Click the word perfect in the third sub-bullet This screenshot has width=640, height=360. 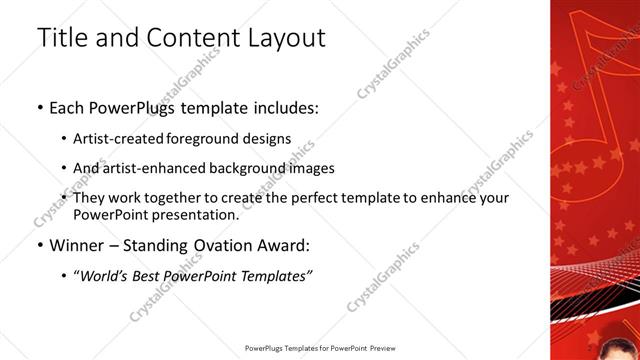coord(320,198)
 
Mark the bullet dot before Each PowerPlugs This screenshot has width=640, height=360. coord(39,107)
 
